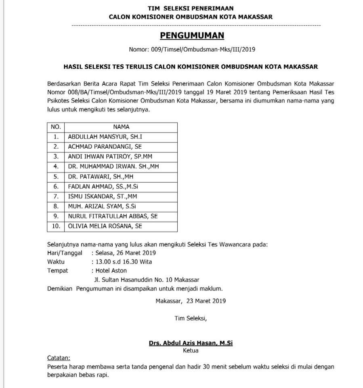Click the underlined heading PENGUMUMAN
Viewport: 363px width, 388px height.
click(x=192, y=36)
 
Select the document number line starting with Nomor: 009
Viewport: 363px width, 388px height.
click(x=192, y=50)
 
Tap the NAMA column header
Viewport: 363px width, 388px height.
click(x=121, y=127)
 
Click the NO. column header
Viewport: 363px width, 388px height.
click(x=56, y=127)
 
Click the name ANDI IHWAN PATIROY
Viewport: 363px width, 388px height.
click(x=110, y=156)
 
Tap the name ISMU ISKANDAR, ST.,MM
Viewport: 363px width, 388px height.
click(x=103, y=196)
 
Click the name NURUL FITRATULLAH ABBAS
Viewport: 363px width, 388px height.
click(x=113, y=216)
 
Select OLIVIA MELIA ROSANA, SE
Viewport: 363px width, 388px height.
click(x=105, y=226)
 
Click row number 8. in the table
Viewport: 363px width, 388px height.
click(x=56, y=206)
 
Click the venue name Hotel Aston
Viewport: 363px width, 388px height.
click(x=111, y=271)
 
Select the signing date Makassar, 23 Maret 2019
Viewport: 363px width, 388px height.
click(x=191, y=301)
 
